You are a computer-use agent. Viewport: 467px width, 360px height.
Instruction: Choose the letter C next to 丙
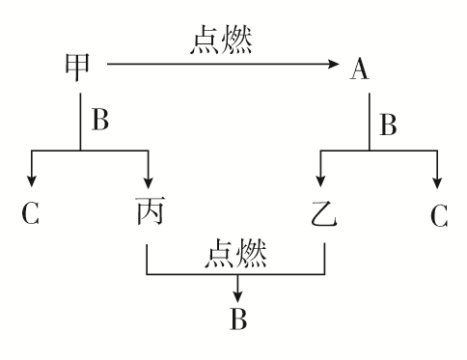coord(31,213)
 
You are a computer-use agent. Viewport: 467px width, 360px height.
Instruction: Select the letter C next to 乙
coord(439,213)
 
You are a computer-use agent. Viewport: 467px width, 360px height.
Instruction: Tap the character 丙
coord(150,211)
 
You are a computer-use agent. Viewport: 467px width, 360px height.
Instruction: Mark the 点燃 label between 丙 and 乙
coord(235,253)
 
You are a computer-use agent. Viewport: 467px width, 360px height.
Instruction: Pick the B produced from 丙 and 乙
coord(237,318)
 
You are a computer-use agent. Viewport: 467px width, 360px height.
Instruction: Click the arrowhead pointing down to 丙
coord(150,182)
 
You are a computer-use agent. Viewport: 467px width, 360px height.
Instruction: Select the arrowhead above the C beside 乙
coord(439,182)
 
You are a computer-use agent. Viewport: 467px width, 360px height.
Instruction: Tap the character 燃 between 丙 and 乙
coord(254,253)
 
